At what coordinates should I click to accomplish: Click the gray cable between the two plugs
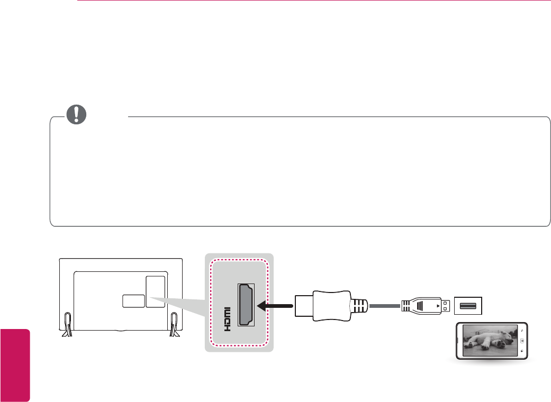click(x=385, y=305)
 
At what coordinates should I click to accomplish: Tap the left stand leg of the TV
click(x=67, y=324)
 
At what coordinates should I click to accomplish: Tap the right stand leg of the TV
click(x=174, y=324)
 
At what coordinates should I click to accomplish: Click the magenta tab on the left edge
click(x=15, y=364)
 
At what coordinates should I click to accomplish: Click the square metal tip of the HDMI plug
click(x=303, y=305)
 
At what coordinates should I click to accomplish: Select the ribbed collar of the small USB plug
click(x=409, y=306)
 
